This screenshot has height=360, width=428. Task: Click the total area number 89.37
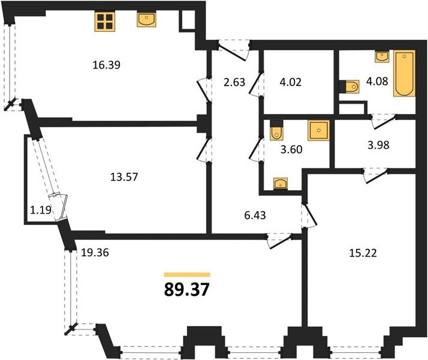point(186,290)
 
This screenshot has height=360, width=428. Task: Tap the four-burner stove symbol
point(105,22)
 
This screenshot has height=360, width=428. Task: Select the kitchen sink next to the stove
point(147,19)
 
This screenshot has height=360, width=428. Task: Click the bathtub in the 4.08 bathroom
point(404,73)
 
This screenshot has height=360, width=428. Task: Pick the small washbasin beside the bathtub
point(382,56)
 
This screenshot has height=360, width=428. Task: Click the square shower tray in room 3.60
point(318,131)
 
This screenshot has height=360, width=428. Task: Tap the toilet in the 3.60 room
point(277,130)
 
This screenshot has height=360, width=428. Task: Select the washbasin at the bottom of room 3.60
point(281,184)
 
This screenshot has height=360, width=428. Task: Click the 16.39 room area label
point(107,65)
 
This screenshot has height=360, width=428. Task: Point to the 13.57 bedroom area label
point(124,177)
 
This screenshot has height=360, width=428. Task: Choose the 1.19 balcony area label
point(40,210)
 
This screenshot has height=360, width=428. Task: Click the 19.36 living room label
point(95,253)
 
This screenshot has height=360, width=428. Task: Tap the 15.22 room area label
point(363,253)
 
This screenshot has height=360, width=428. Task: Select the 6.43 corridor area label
point(255,215)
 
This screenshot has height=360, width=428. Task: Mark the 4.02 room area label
point(290,82)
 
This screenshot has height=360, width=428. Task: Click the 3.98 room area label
point(378,145)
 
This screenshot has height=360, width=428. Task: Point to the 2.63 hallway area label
point(234,82)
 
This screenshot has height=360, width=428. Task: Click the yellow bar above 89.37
point(187,275)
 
